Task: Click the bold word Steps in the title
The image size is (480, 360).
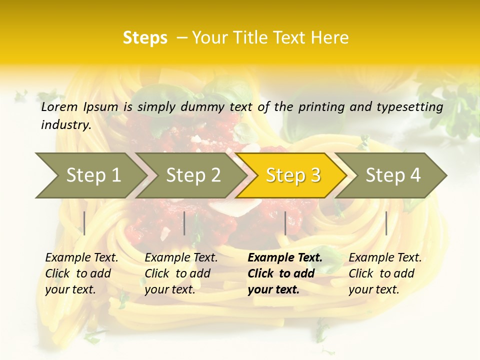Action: point(145,38)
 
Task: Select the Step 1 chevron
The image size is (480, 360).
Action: point(90,175)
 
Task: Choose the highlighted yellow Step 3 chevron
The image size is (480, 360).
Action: point(292,175)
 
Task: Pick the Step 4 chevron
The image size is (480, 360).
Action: point(392,175)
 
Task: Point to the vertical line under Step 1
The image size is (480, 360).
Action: point(84,223)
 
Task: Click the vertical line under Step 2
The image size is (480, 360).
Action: point(184,223)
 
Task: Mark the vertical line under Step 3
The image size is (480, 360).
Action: point(285,223)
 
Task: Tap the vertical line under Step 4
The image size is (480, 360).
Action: point(386,223)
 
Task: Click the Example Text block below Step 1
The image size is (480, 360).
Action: point(81,273)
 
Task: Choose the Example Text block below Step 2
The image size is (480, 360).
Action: point(181,273)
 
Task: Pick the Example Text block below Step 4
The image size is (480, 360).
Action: point(385,273)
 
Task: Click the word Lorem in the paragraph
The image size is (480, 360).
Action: point(59,106)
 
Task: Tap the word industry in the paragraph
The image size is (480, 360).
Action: point(66,124)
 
